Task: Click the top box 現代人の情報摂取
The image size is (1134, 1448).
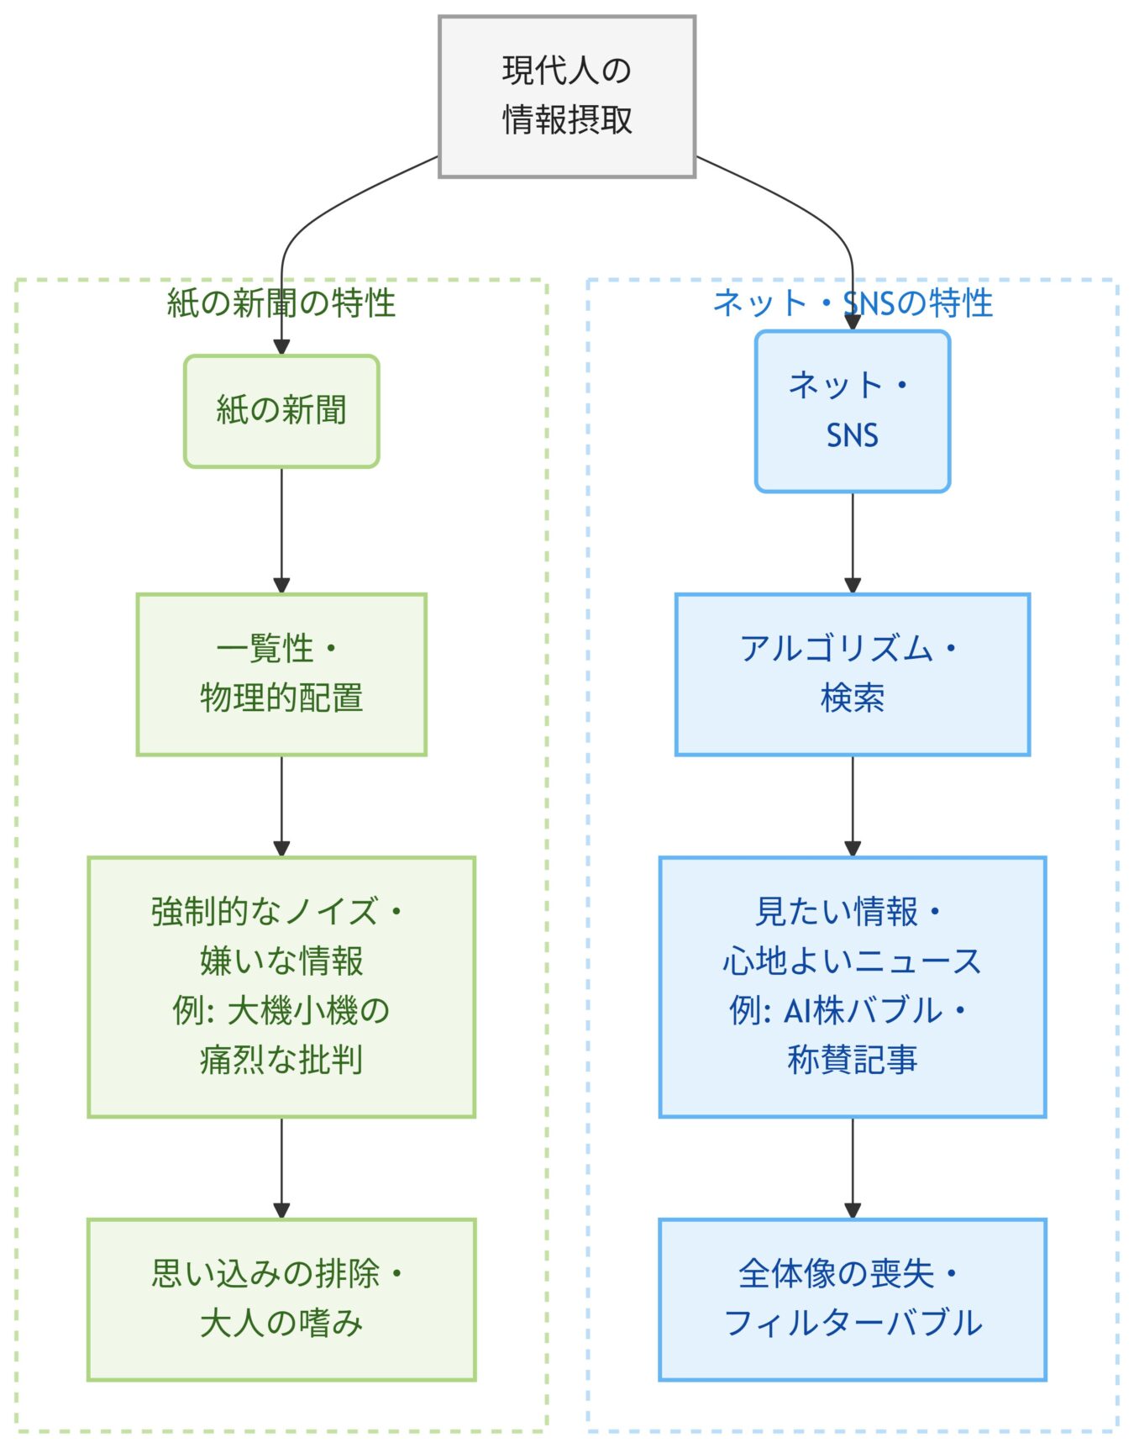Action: coord(567,97)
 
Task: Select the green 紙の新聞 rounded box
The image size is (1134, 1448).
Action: coord(281,411)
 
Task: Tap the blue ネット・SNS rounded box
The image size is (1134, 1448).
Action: coord(852,411)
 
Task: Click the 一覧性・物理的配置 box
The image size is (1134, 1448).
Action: coord(281,674)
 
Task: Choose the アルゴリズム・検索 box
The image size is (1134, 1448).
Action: coord(852,674)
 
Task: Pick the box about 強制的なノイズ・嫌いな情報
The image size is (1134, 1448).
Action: coord(281,987)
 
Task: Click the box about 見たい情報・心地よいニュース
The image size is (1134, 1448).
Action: coord(852,987)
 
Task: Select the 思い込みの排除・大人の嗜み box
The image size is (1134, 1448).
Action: coord(281,1299)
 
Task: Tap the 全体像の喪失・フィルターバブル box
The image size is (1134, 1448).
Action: coord(852,1299)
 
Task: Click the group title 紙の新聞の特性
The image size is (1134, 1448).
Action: coord(281,303)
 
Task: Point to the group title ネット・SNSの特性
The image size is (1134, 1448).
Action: coord(852,303)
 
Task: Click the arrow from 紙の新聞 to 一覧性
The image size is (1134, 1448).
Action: coord(281,529)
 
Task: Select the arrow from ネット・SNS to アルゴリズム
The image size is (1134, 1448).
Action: coord(852,542)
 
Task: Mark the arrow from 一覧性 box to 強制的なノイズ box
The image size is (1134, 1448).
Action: coord(281,805)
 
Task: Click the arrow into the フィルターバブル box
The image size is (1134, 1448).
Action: coord(852,1168)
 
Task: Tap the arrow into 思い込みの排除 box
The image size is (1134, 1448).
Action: coord(281,1168)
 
